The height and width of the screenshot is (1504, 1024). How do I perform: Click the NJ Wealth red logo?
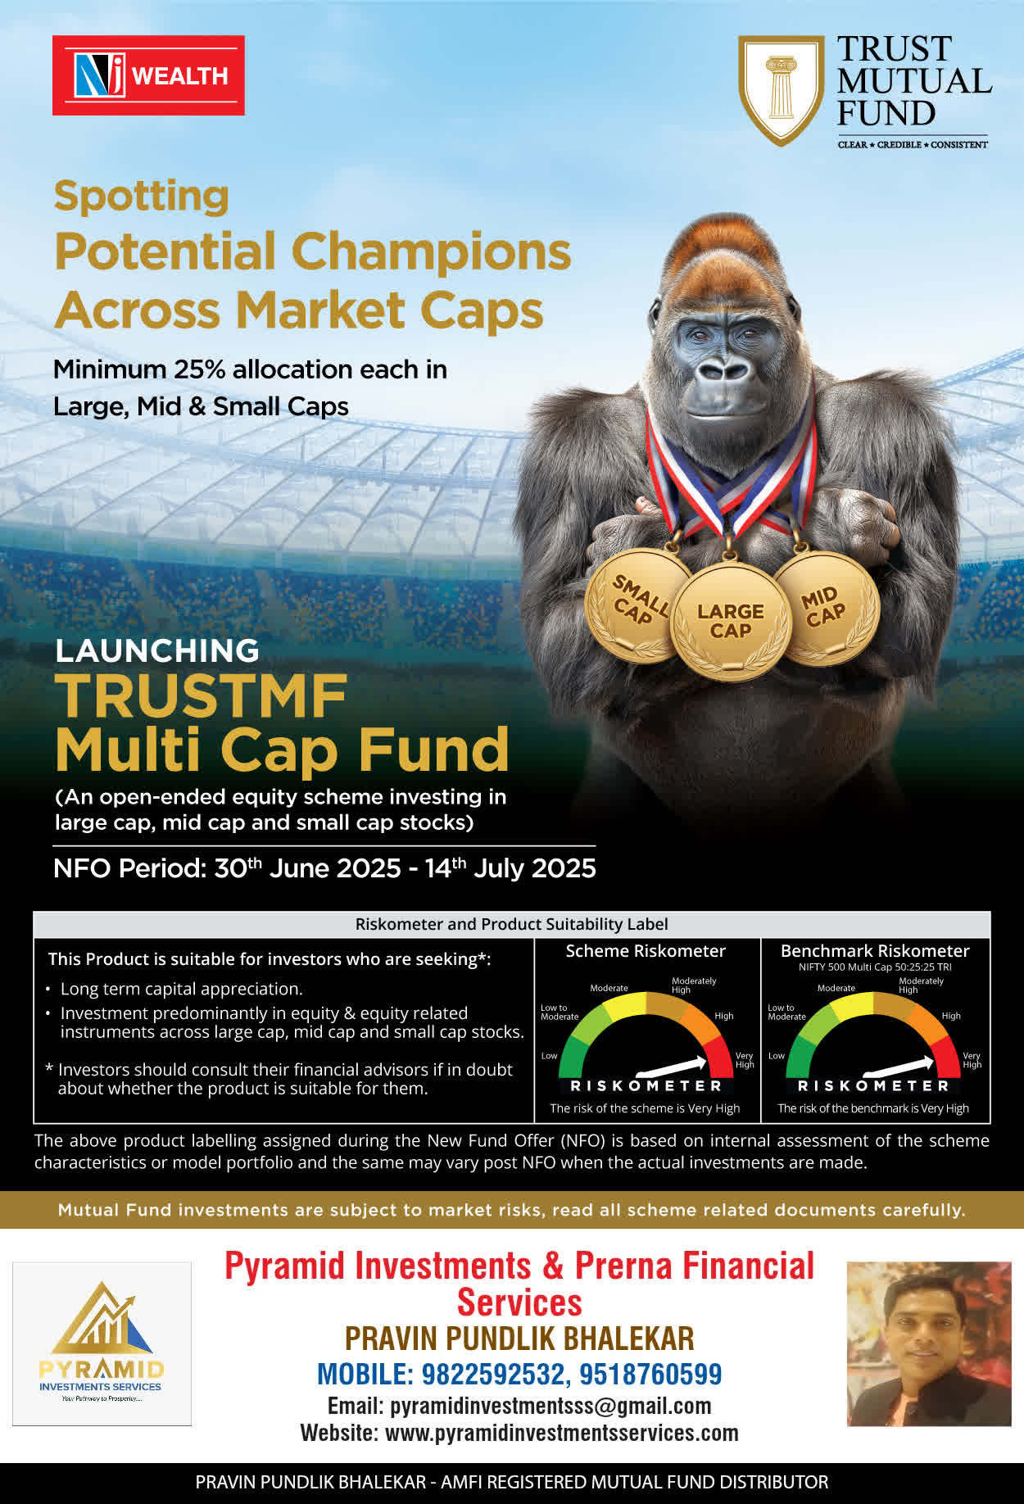(x=148, y=75)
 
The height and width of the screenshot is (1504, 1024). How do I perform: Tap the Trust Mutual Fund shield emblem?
(x=781, y=90)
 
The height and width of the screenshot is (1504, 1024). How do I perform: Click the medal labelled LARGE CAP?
(x=731, y=622)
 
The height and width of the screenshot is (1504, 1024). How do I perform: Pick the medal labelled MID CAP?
(x=826, y=607)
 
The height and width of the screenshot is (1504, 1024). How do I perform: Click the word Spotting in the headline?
(x=141, y=197)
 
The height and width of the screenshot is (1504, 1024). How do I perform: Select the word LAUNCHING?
(x=157, y=650)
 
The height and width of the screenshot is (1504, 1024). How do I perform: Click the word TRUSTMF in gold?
(x=202, y=696)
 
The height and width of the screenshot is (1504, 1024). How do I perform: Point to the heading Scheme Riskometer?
(x=646, y=951)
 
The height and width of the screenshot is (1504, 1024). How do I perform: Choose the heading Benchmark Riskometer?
(x=875, y=951)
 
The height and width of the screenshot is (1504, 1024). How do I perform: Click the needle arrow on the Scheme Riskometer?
(x=671, y=1066)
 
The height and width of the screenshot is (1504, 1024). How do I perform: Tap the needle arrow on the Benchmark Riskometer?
(x=899, y=1066)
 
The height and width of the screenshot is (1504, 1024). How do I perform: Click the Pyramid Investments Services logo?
(x=102, y=1343)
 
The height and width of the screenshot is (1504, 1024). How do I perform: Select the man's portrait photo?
(x=929, y=1343)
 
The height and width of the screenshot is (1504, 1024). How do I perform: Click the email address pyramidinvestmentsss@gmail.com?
(x=551, y=1406)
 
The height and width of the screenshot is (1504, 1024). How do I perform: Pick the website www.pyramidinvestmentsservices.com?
(x=562, y=1433)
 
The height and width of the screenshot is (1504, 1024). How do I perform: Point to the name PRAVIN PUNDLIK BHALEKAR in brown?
(x=519, y=1339)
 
